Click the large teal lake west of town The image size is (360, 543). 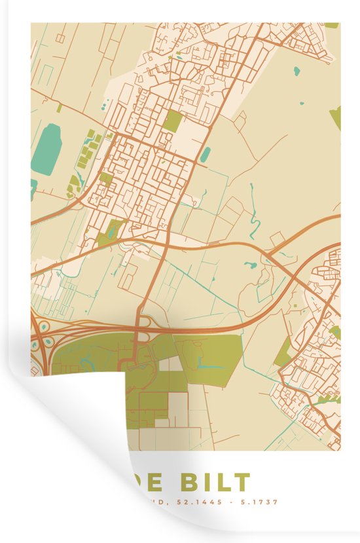point(46,150)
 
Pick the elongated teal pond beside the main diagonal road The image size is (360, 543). point(206,155)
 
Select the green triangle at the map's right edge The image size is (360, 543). point(335,117)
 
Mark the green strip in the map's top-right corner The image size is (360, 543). point(332,26)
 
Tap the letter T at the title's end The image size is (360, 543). point(240,482)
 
